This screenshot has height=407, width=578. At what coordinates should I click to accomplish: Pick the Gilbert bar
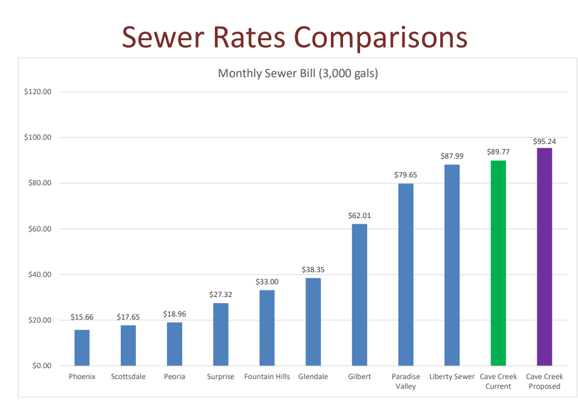click(359, 295)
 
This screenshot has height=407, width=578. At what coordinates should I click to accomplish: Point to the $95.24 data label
click(544, 142)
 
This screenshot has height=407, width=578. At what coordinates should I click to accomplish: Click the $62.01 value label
click(359, 216)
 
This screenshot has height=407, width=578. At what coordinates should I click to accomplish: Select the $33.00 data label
click(267, 282)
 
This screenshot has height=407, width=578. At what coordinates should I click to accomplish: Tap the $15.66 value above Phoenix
click(82, 317)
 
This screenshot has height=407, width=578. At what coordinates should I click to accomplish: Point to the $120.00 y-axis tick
click(38, 92)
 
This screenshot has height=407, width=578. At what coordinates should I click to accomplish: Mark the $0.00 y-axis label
click(41, 366)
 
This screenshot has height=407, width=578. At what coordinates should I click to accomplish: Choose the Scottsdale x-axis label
click(128, 377)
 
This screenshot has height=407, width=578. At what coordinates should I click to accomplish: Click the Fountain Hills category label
click(267, 377)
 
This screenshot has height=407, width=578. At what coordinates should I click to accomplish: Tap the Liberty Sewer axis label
click(452, 377)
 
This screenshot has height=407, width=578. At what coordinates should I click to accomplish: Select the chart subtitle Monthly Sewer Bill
click(297, 74)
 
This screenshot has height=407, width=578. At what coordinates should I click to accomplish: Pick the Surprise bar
click(220, 334)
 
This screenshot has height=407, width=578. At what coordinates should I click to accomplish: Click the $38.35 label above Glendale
click(313, 270)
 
